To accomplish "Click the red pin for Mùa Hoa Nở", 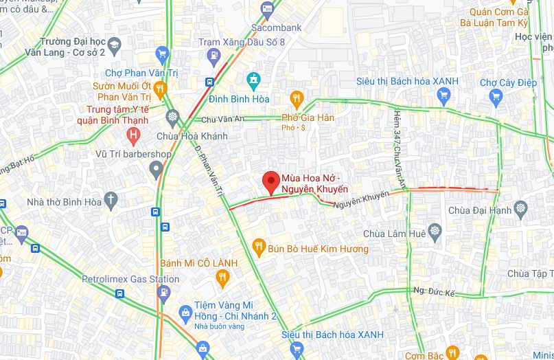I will tap(270, 182).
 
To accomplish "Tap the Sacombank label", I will tap(277, 27).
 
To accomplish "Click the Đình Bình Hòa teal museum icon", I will tap(253, 80).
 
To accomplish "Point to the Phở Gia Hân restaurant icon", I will tap(297, 98).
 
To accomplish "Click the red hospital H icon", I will tap(132, 133).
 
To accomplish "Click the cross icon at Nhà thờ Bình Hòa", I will tap(111, 201).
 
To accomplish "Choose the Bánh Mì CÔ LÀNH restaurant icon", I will tap(222, 278).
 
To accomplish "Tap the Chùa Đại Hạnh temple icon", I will tap(524, 208).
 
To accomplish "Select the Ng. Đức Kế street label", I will tap(435, 291).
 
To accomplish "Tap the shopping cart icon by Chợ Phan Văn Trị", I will tap(162, 54).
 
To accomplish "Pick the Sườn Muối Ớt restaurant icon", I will tap(160, 87).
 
